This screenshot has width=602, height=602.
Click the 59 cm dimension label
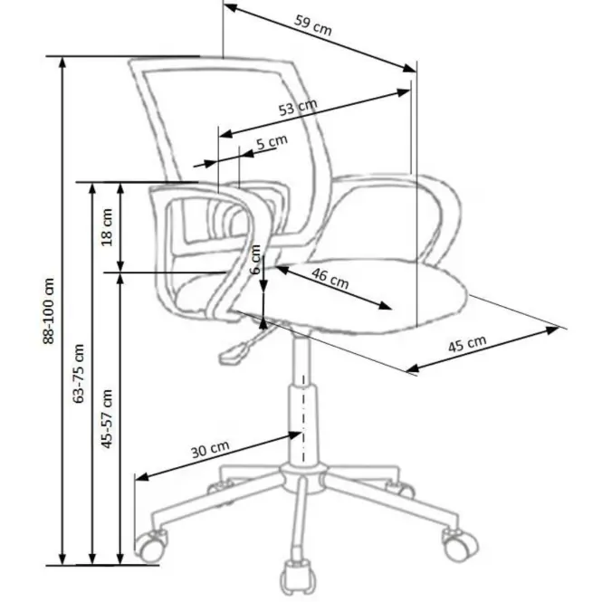point(313,25)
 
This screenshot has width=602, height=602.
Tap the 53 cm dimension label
point(298,107)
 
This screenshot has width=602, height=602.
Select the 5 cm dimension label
point(272,142)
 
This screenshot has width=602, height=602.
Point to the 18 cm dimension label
point(107,227)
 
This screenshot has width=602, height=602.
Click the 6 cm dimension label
point(255,259)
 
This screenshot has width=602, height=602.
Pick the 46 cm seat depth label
point(330,278)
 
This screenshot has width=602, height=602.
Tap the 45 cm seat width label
point(467,344)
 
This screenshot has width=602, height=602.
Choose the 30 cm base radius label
point(210,449)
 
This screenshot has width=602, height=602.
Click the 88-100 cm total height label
point(49,311)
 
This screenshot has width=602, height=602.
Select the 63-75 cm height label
point(79,373)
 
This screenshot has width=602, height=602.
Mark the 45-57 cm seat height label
point(107,418)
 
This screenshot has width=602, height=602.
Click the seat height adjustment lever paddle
point(232,354)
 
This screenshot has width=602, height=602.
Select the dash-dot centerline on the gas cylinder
point(303,418)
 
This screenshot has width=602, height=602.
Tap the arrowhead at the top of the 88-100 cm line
point(62,63)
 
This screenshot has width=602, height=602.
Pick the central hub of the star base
point(303,478)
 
